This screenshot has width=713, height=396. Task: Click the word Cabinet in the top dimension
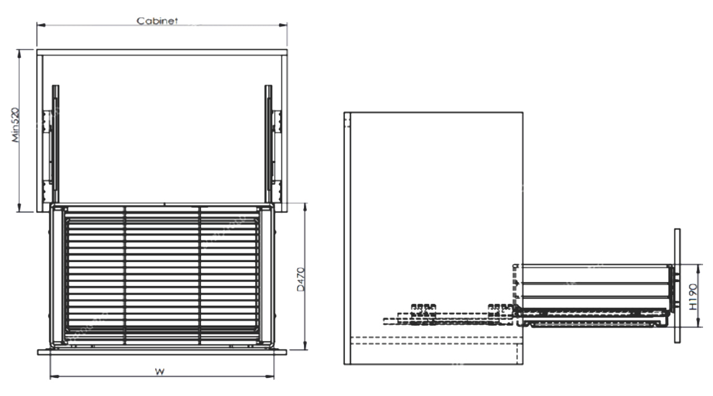[x=158, y=21]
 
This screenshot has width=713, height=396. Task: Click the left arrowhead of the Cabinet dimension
[x=40, y=26]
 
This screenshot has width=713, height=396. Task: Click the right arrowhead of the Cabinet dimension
[x=284, y=26]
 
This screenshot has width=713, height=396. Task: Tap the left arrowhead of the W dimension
[x=53, y=376]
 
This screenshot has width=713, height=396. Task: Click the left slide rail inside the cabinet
[x=55, y=143]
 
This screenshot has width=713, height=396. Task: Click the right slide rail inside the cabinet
[x=268, y=143]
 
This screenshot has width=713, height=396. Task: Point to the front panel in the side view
[x=678, y=286]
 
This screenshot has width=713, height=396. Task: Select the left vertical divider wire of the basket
[x=126, y=274]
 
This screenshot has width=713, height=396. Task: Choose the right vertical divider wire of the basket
[x=199, y=274]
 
